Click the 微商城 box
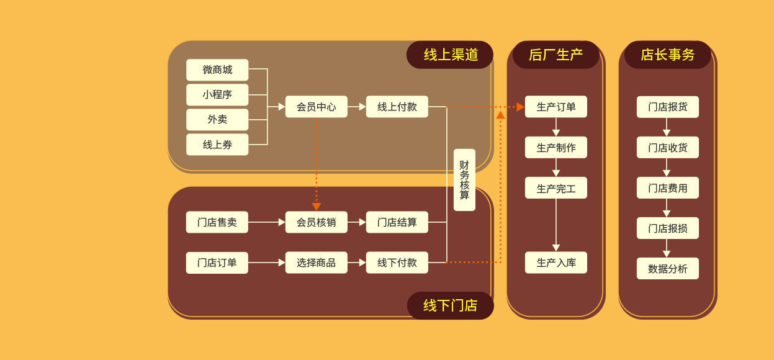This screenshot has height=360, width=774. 217,70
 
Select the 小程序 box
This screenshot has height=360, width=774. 217,94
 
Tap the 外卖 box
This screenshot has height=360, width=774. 217,119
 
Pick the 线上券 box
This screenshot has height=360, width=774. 217,144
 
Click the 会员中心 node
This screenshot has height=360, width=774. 316,107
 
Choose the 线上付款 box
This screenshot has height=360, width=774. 397,107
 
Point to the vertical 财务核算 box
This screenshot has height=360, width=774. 464,180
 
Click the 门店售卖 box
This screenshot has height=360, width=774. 217,222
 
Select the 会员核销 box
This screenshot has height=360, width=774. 316,222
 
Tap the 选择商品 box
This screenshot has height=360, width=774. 316,263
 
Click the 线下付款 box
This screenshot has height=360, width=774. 397,263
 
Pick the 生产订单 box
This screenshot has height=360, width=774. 556,107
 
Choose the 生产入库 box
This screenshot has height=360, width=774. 556,263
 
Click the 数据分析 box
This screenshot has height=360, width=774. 667,268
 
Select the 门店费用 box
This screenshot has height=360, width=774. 667,187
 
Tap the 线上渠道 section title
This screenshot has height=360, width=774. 450,55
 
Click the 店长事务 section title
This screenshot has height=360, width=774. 667,55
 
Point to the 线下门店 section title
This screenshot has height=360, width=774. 450,305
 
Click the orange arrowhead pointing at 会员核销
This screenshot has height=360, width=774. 316,207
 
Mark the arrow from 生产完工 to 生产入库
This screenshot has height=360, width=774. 556,225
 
